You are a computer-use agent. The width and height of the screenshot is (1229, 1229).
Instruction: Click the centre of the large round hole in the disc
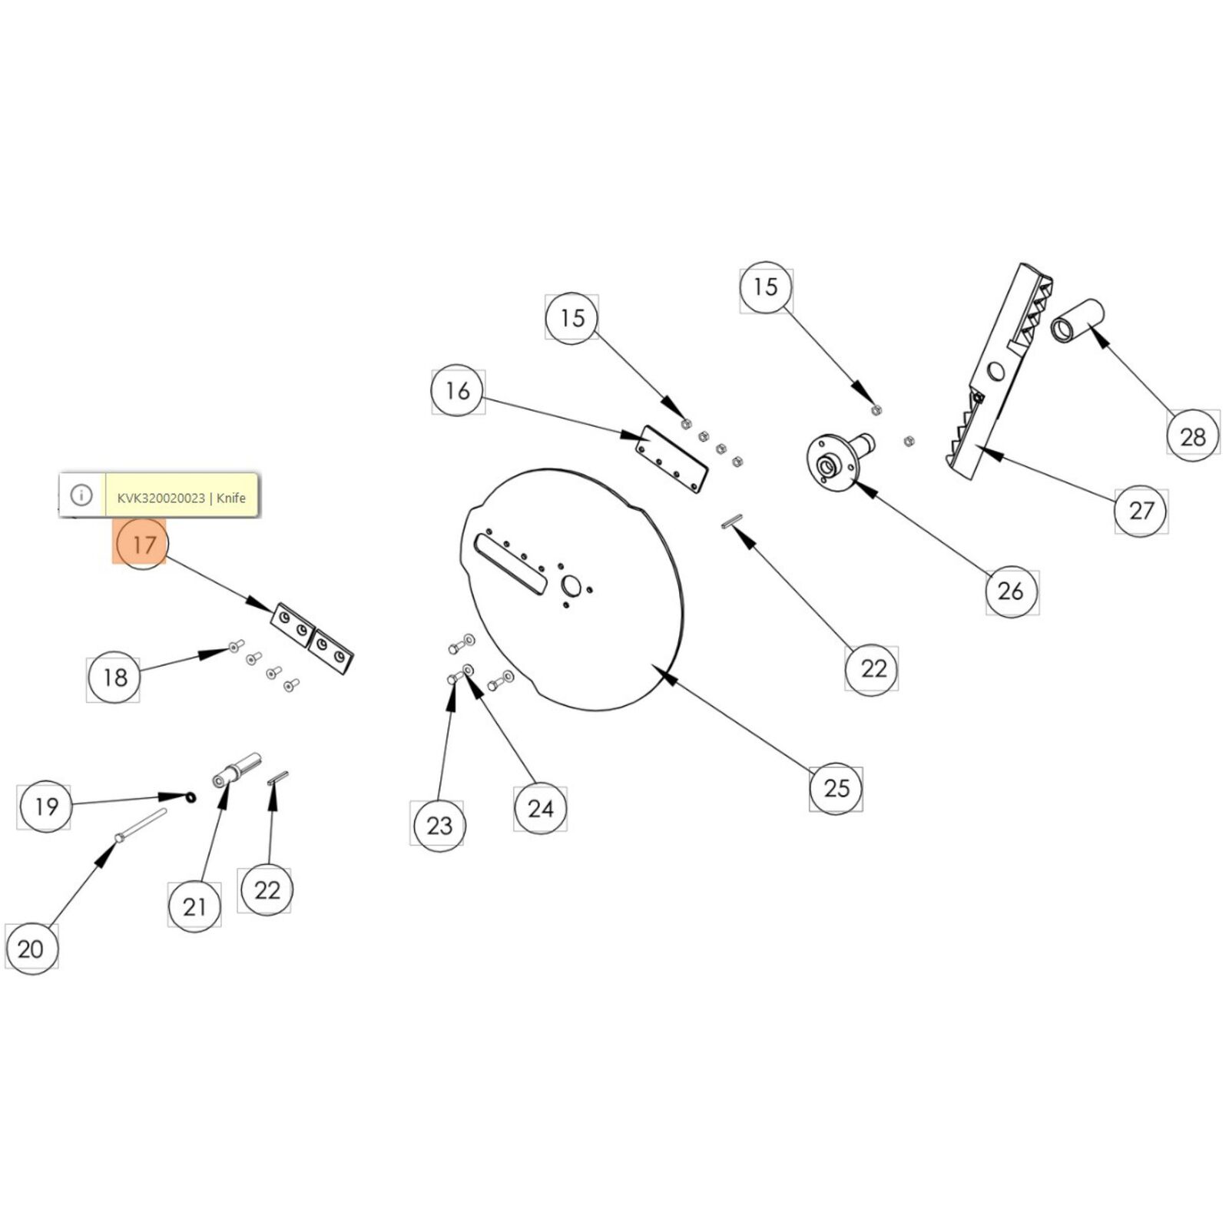[571, 586]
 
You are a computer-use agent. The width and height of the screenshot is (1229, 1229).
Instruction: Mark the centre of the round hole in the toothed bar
[995, 373]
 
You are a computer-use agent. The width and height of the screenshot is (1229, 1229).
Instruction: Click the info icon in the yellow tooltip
[81, 495]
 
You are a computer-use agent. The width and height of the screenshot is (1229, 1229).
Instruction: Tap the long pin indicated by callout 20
[141, 827]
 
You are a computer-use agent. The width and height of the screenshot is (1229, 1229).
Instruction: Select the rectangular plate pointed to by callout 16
[672, 459]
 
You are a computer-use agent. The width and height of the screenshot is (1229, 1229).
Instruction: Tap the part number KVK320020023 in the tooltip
[161, 498]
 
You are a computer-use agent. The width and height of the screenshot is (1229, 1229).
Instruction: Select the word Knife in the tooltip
[231, 498]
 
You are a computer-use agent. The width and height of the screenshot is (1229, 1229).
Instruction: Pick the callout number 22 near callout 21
[267, 890]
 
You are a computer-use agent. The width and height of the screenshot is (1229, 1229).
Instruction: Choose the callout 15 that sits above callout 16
[572, 317]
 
